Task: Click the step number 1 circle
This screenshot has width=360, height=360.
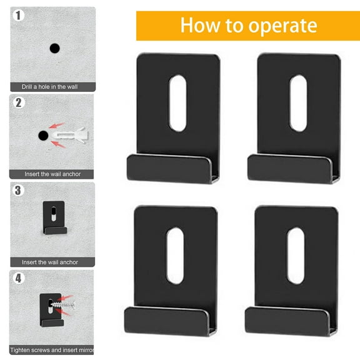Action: tap(19, 16)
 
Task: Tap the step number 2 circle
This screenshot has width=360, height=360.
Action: tap(19, 103)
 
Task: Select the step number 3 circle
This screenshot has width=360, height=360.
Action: tap(19, 191)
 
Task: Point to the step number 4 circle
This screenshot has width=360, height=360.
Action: tap(19, 278)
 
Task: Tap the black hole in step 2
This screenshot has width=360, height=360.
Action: tap(43, 135)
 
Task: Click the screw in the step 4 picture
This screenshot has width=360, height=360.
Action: tap(62, 306)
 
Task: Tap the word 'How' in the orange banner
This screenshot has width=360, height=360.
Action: tap(199, 26)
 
